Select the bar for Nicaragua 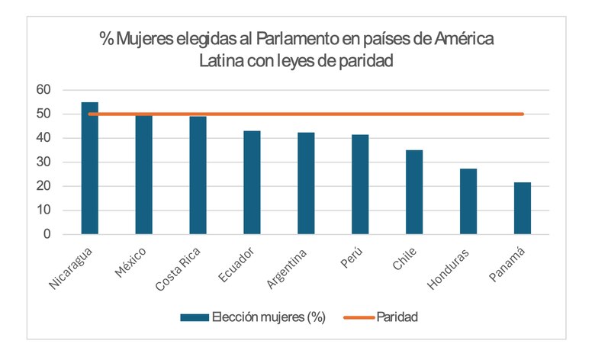90,169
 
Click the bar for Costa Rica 198,175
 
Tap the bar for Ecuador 252,182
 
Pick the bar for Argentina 306,183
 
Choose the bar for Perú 360,185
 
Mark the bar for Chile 414,192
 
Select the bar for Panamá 523,208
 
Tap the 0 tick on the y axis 47,234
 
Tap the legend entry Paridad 397,317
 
